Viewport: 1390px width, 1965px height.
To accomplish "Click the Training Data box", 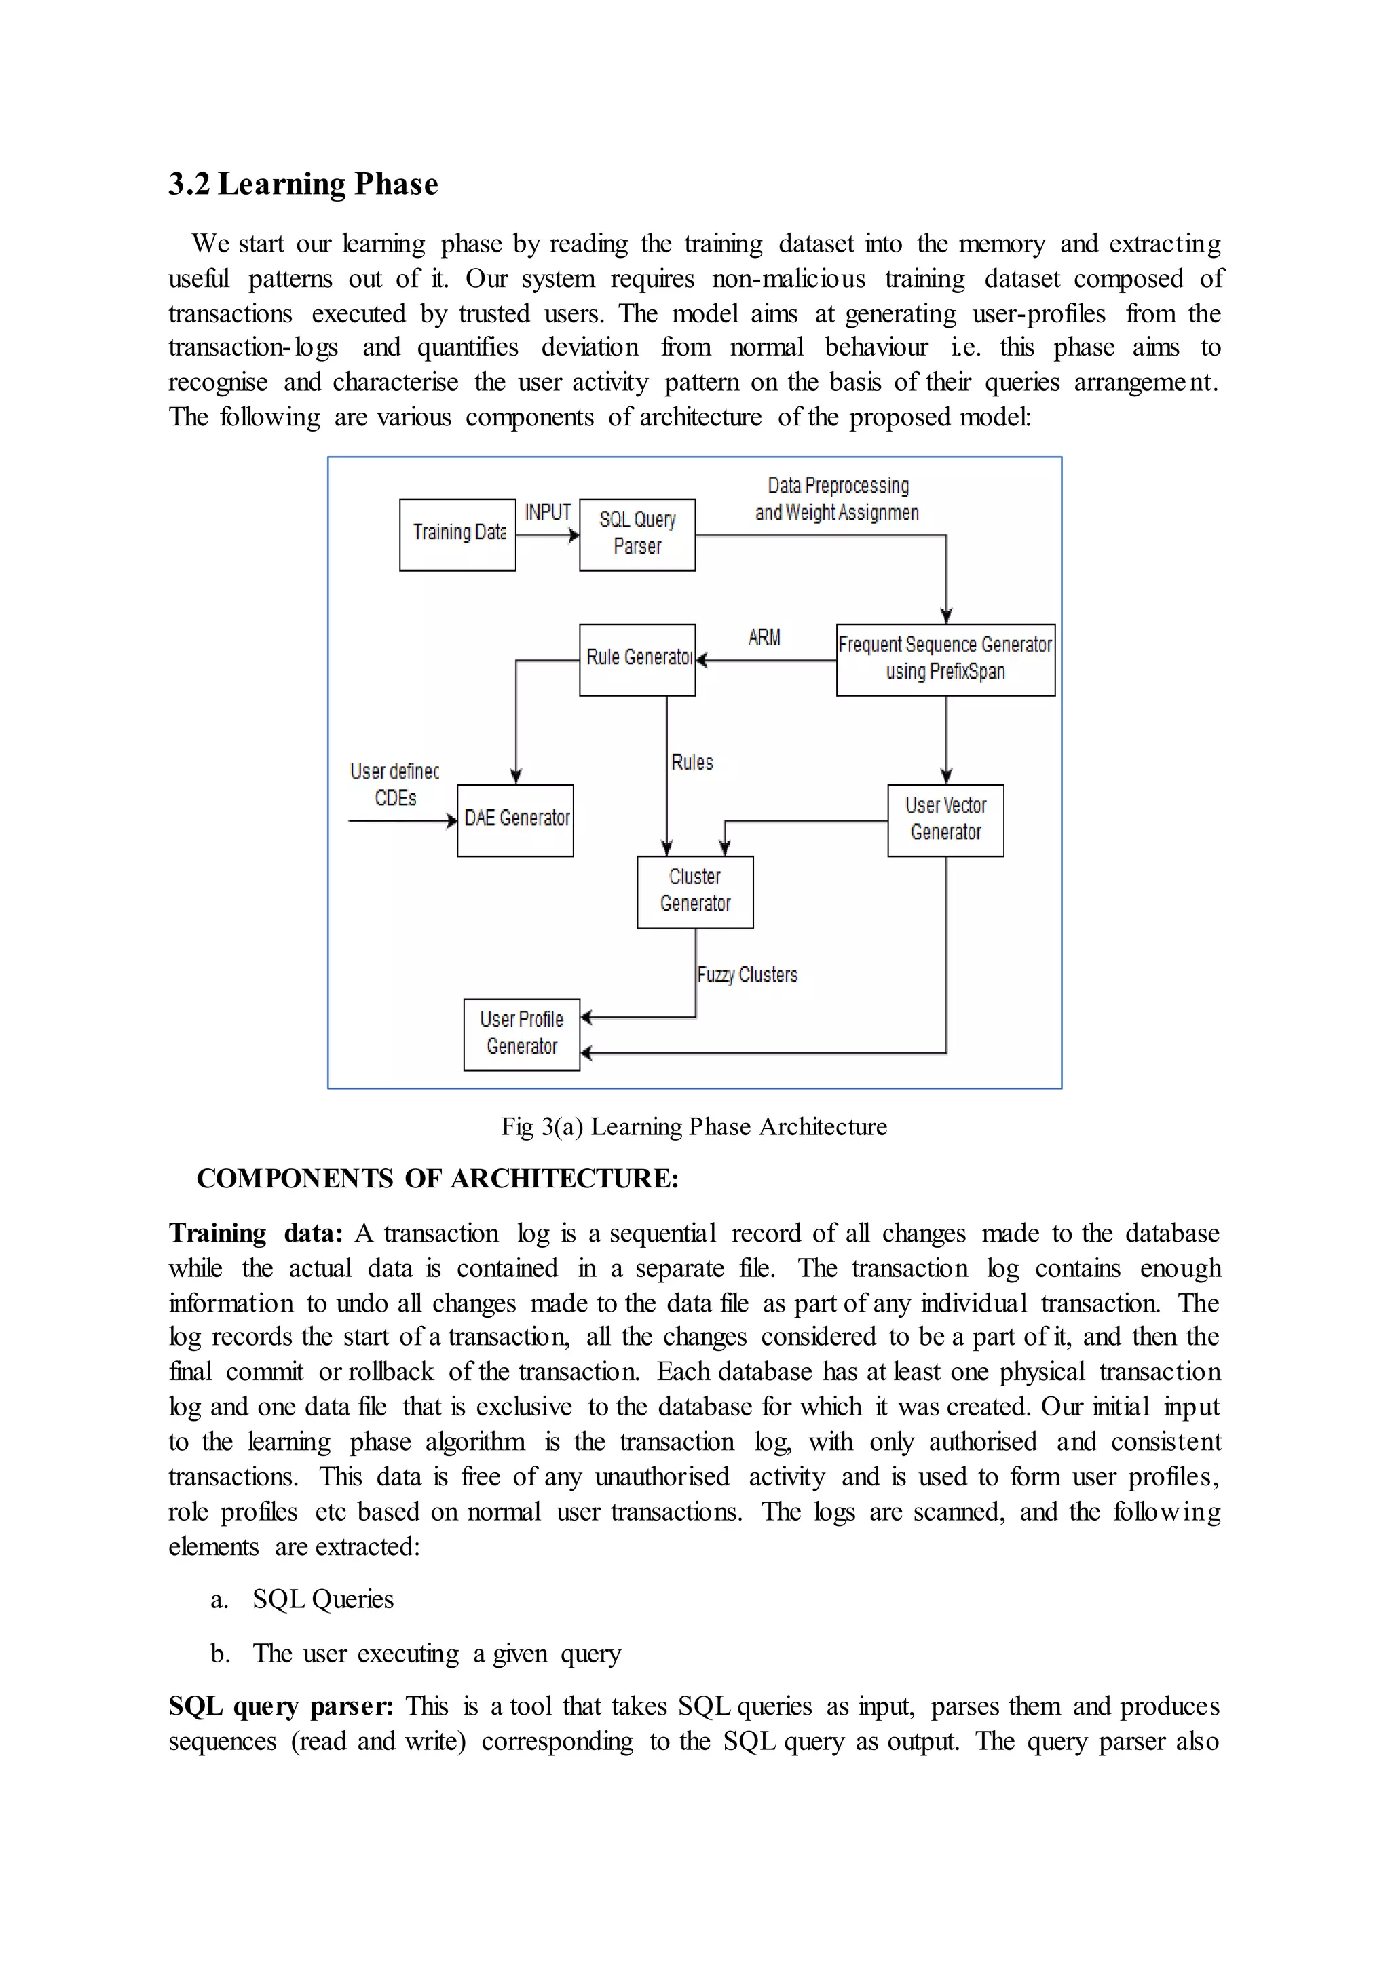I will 457,535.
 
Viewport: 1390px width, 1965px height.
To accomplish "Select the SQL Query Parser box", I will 637,535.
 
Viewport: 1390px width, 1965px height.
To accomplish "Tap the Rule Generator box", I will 637,659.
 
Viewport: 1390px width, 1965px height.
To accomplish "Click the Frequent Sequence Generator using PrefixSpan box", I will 945,659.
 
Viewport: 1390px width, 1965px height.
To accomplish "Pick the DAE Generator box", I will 515,820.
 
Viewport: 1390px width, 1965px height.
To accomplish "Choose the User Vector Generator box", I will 945,820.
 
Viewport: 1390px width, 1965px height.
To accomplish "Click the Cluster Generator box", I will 695,891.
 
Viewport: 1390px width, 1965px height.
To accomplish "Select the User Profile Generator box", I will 521,1034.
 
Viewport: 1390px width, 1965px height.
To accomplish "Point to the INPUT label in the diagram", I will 548,513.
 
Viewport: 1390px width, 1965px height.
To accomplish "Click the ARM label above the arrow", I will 764,638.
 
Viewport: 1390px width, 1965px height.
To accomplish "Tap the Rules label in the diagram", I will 692,763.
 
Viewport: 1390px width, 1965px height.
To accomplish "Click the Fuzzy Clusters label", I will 747,975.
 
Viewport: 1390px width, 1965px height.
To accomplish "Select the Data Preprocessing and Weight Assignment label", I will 837,499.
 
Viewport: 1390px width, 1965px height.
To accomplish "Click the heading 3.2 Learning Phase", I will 303,184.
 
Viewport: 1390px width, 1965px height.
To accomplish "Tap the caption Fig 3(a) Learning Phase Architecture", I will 694,1126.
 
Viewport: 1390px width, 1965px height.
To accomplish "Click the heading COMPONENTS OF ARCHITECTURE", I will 437,1179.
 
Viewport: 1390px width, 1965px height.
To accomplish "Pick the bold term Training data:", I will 255,1234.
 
